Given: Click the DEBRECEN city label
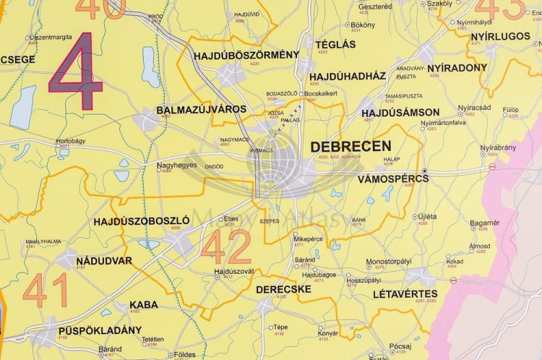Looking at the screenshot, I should [350, 146].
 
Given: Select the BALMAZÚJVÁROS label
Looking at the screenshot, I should [201, 110].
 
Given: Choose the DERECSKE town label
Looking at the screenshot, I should [283, 288].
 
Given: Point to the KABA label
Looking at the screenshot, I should [145, 304].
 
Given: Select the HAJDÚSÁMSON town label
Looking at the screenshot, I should [400, 112].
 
